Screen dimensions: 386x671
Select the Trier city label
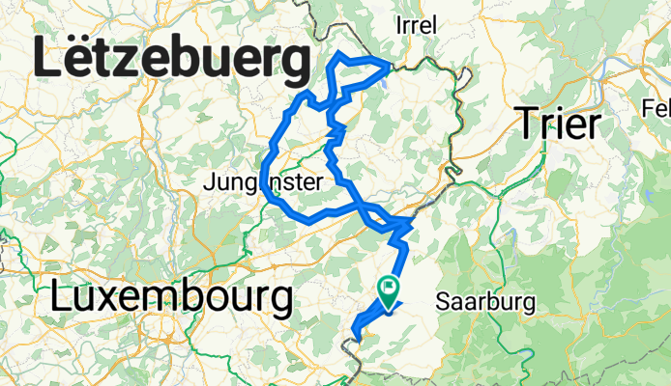click(x=559, y=124)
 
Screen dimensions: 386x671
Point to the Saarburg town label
click(x=485, y=302)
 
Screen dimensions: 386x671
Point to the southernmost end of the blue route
click(x=357, y=338)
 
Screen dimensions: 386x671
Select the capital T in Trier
click(x=529, y=124)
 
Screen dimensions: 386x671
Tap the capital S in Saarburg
click(x=444, y=302)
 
